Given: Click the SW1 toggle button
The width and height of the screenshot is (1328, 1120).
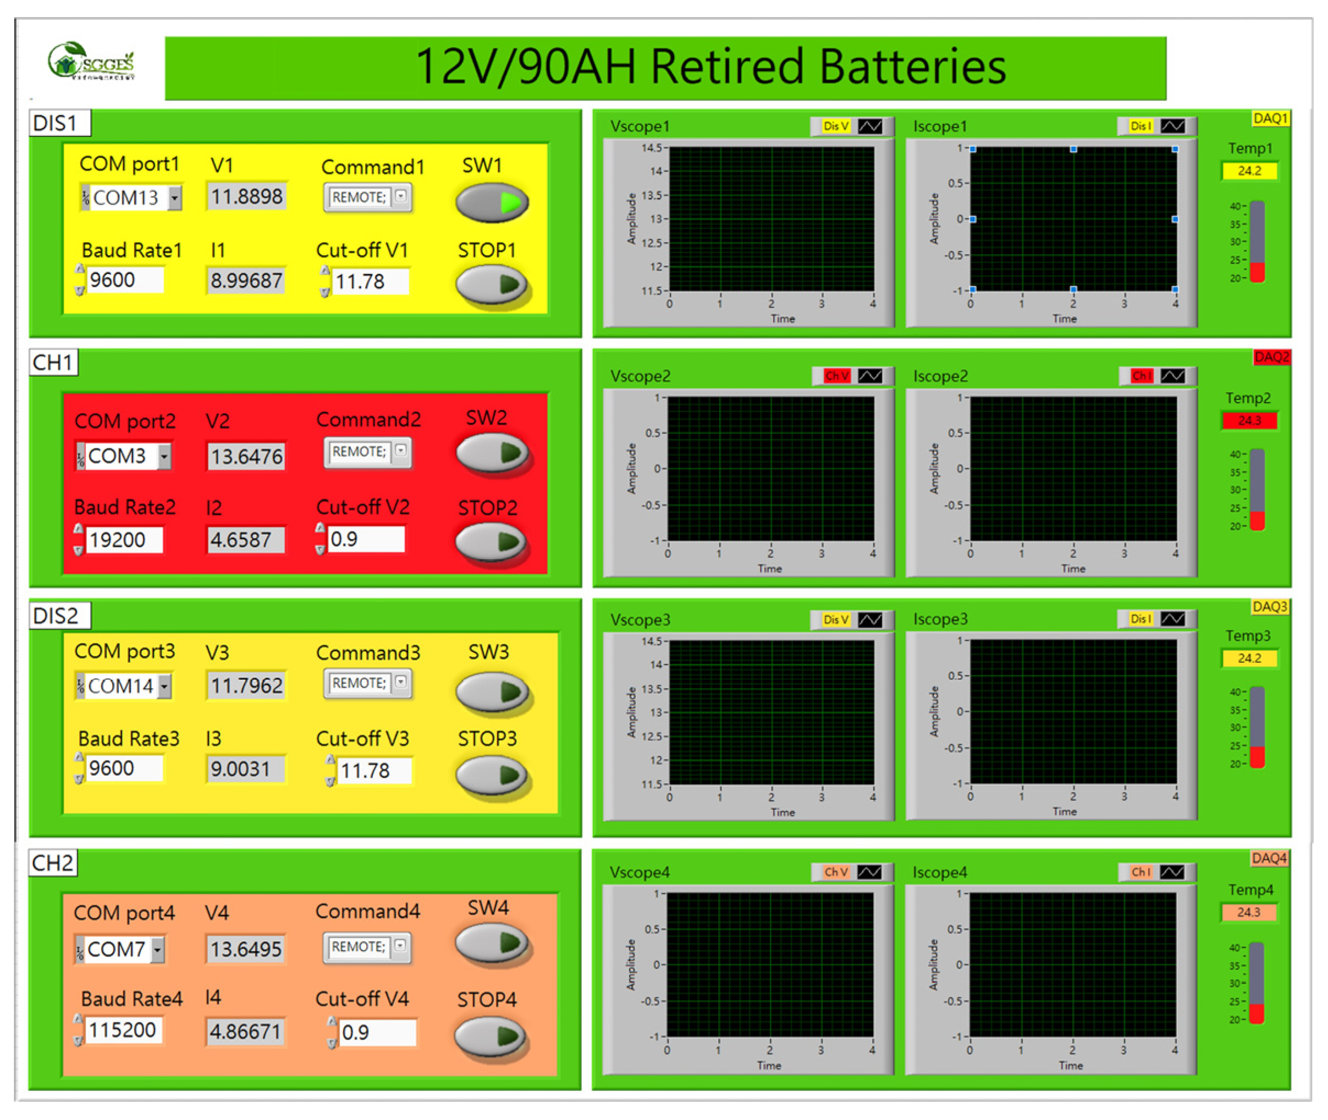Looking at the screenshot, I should coord(492,202).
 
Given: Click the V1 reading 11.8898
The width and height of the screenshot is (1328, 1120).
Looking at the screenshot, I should coord(246,197).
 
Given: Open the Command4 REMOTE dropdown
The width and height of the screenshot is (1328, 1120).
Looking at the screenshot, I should coord(367,947).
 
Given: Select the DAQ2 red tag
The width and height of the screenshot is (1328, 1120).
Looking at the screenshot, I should coord(1271,358).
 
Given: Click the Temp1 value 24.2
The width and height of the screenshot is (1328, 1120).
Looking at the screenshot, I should coord(1249,171).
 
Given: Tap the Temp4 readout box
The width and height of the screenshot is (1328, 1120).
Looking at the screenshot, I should coord(1248,913).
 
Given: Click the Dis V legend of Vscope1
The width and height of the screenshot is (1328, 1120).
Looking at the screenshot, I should coord(835,127).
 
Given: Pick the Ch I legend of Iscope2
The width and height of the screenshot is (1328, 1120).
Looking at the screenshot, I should coord(1140,376).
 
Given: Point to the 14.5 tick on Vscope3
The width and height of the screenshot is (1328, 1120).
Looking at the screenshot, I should coord(652,641).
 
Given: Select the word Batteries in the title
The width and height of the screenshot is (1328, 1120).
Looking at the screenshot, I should coord(912,67).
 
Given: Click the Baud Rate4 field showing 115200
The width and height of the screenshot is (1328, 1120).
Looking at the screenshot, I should coord(122,1030).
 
